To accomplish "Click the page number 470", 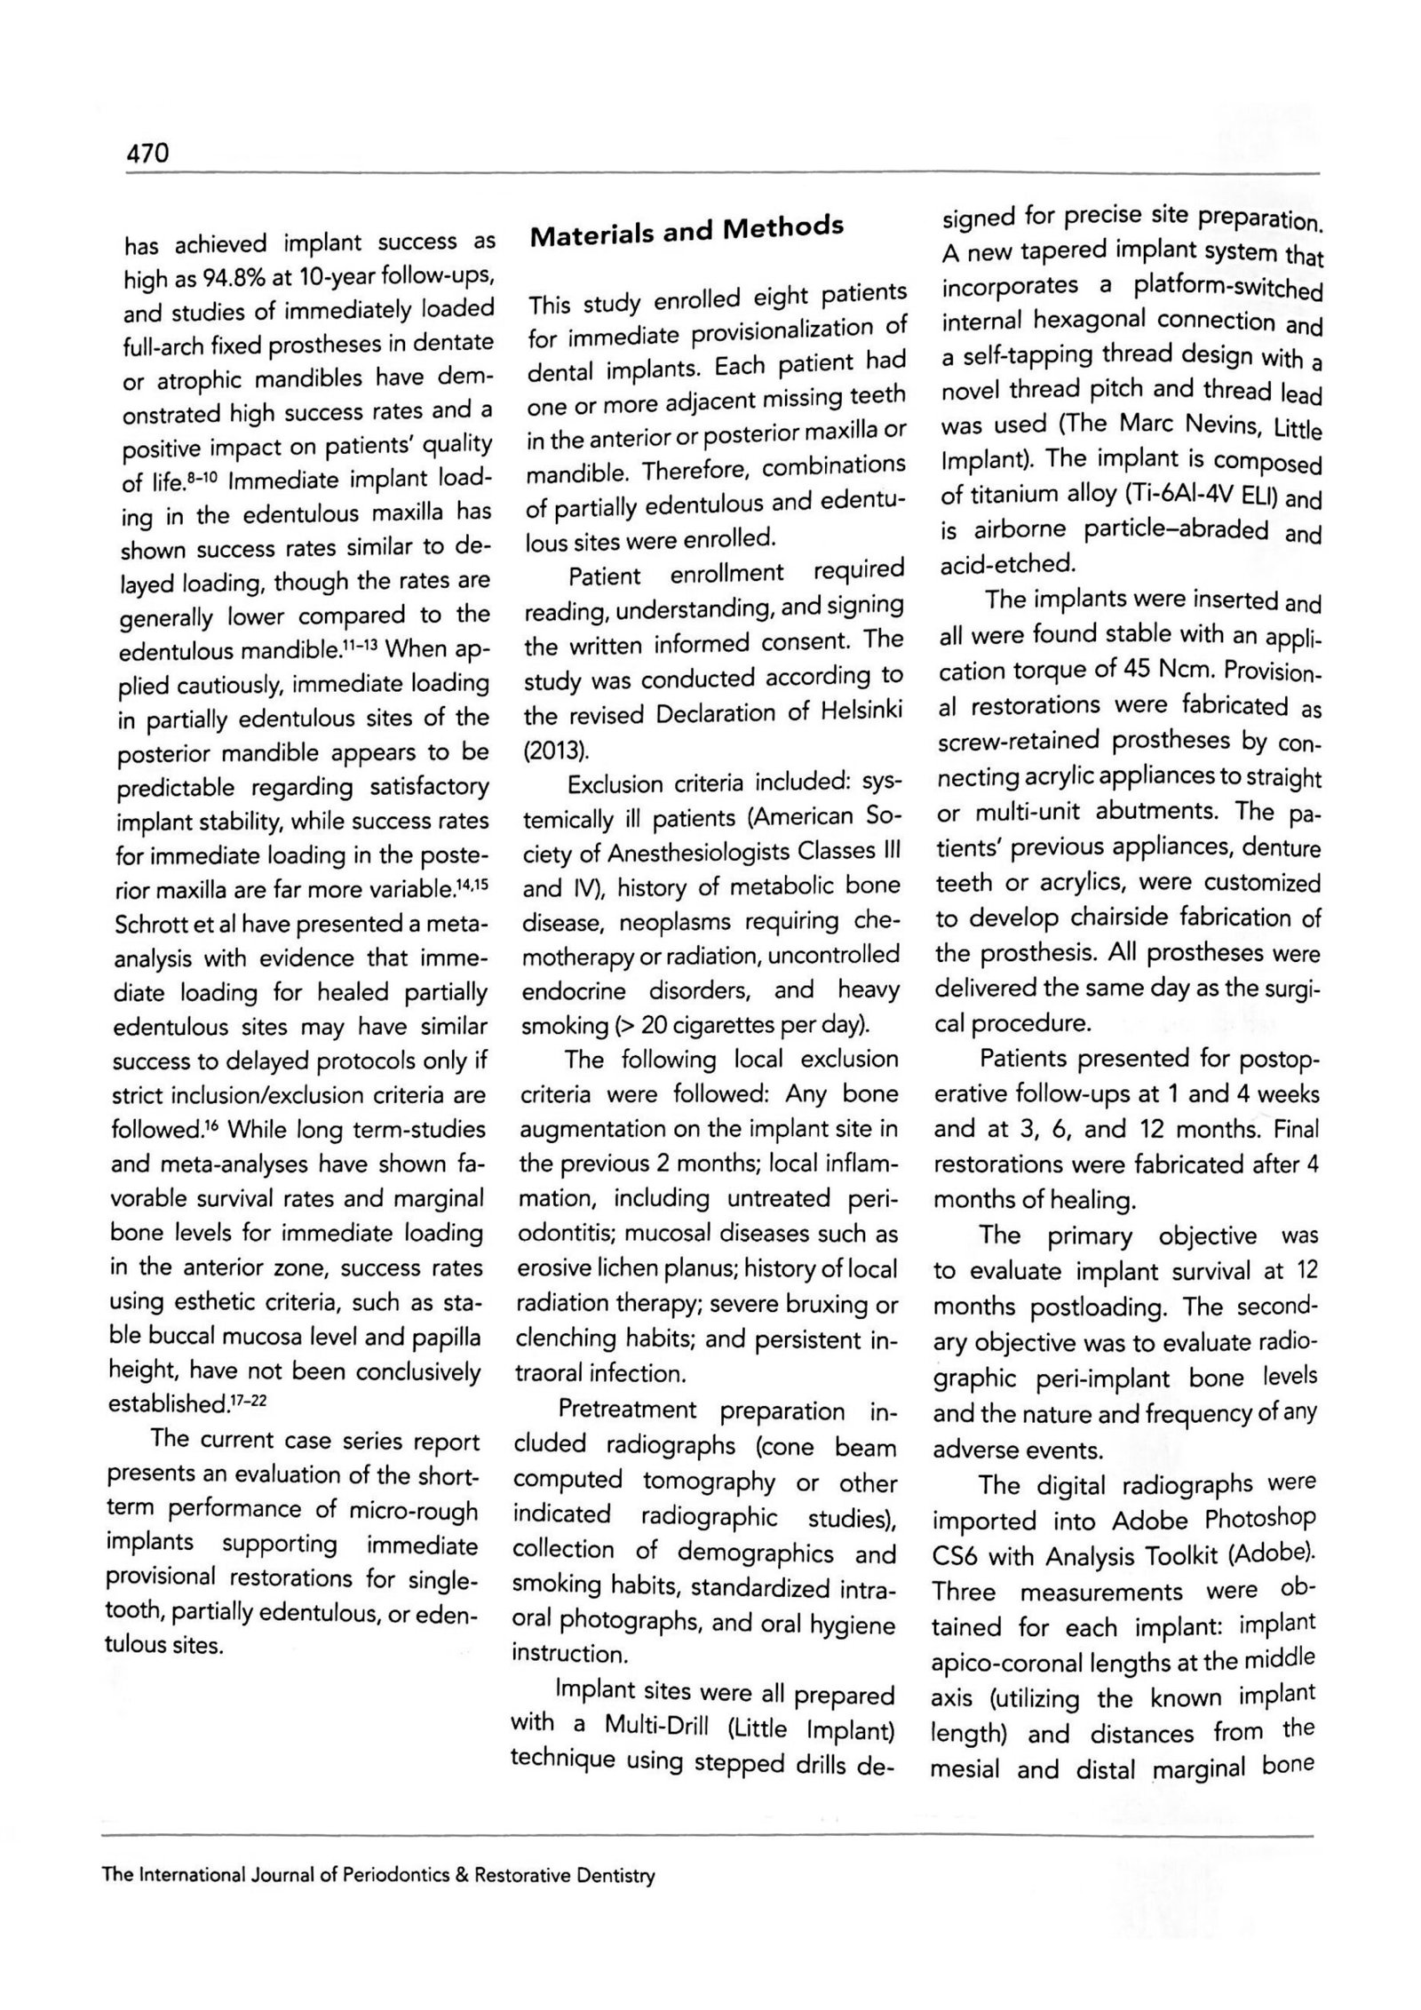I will [147, 155].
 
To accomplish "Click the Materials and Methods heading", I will [686, 231].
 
